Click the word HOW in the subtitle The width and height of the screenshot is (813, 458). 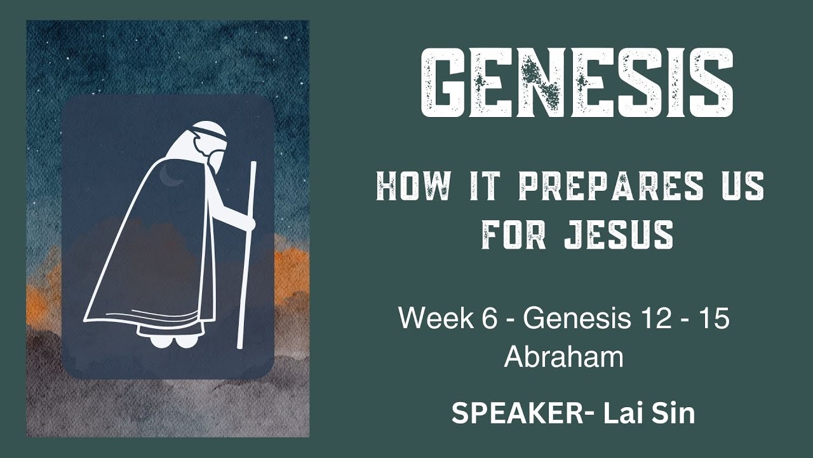tap(413, 188)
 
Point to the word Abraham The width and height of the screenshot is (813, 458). tap(563, 357)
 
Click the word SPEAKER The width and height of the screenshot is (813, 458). tap(518, 414)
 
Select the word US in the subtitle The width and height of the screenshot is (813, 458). tap(740, 188)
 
